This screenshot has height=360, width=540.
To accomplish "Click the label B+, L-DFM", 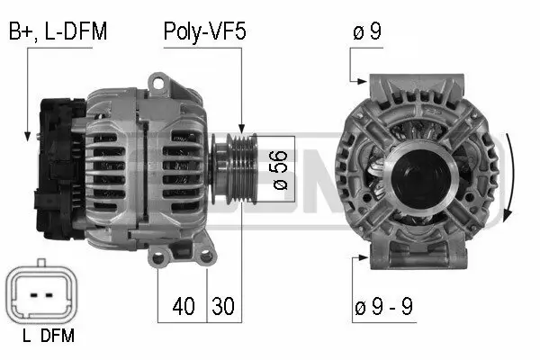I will click(58, 32).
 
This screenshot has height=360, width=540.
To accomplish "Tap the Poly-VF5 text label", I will click(204, 32).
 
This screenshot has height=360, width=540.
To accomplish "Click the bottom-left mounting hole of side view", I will click(159, 259).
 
